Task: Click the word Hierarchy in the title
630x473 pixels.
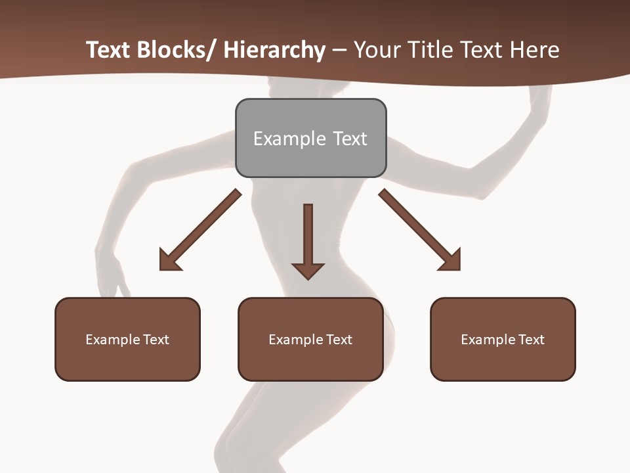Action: coord(274,50)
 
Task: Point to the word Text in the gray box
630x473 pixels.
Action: coord(350,139)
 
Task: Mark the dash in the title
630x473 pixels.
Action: coord(339,51)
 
